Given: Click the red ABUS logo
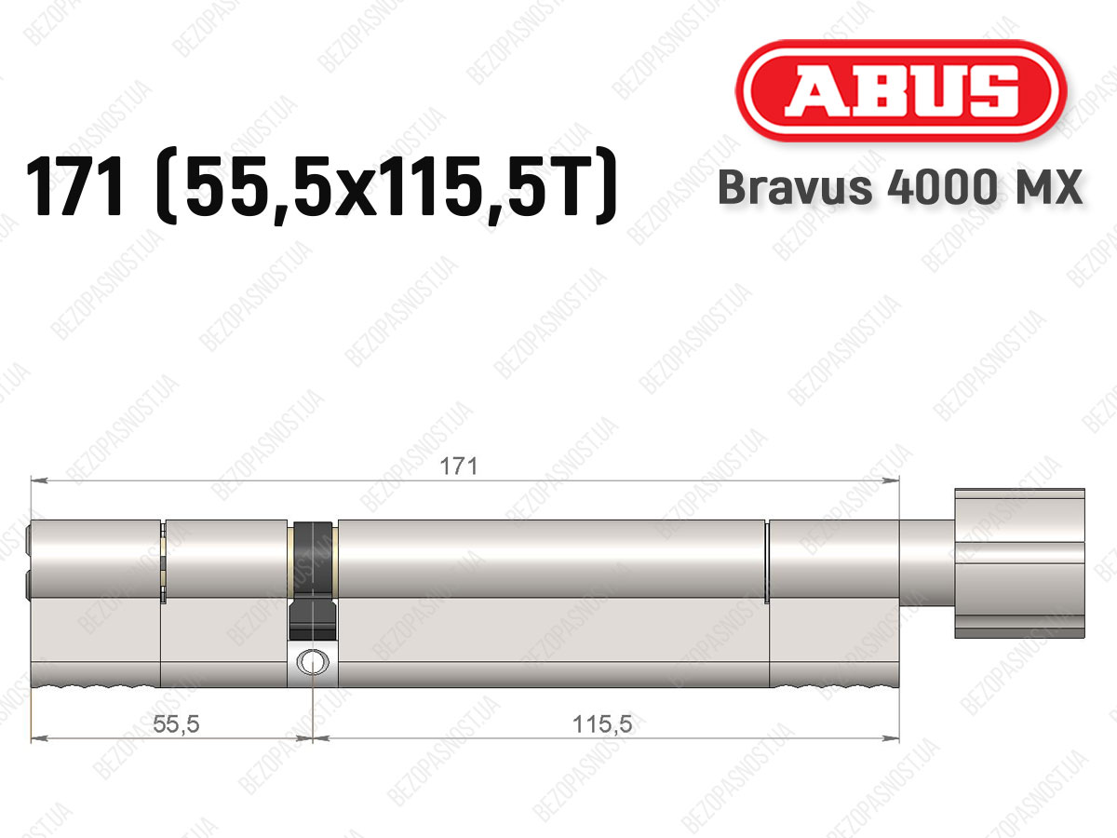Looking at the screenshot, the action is click(x=901, y=91).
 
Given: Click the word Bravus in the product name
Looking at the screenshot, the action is click(x=795, y=187).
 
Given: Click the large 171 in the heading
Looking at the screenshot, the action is click(x=74, y=186).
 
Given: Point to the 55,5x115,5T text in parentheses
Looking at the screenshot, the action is click(x=386, y=186).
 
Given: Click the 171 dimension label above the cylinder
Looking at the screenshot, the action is click(x=459, y=466).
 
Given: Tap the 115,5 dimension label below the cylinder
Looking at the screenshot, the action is click(x=602, y=723).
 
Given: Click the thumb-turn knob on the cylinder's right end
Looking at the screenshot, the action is click(x=1019, y=563).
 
